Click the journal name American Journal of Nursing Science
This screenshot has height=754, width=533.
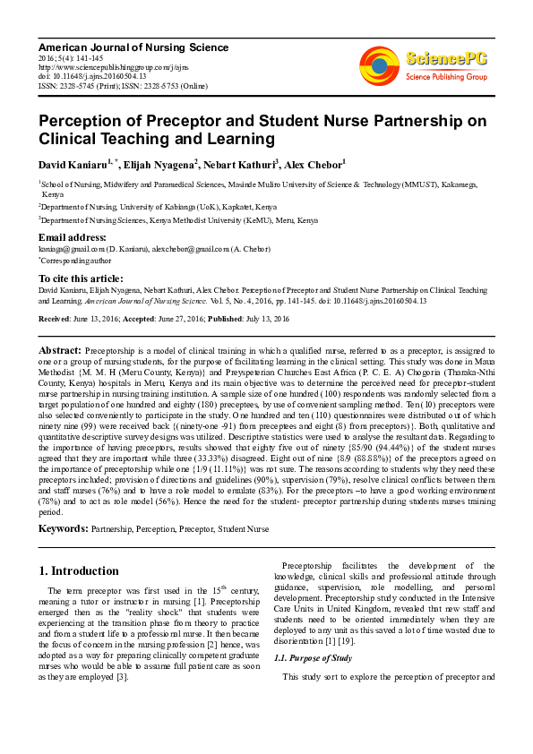(x=133, y=47)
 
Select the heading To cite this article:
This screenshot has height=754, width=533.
(x=81, y=278)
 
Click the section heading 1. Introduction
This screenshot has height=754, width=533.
(x=79, y=570)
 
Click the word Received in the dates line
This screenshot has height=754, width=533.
(x=55, y=319)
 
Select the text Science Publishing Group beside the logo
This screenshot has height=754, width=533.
(x=445, y=78)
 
